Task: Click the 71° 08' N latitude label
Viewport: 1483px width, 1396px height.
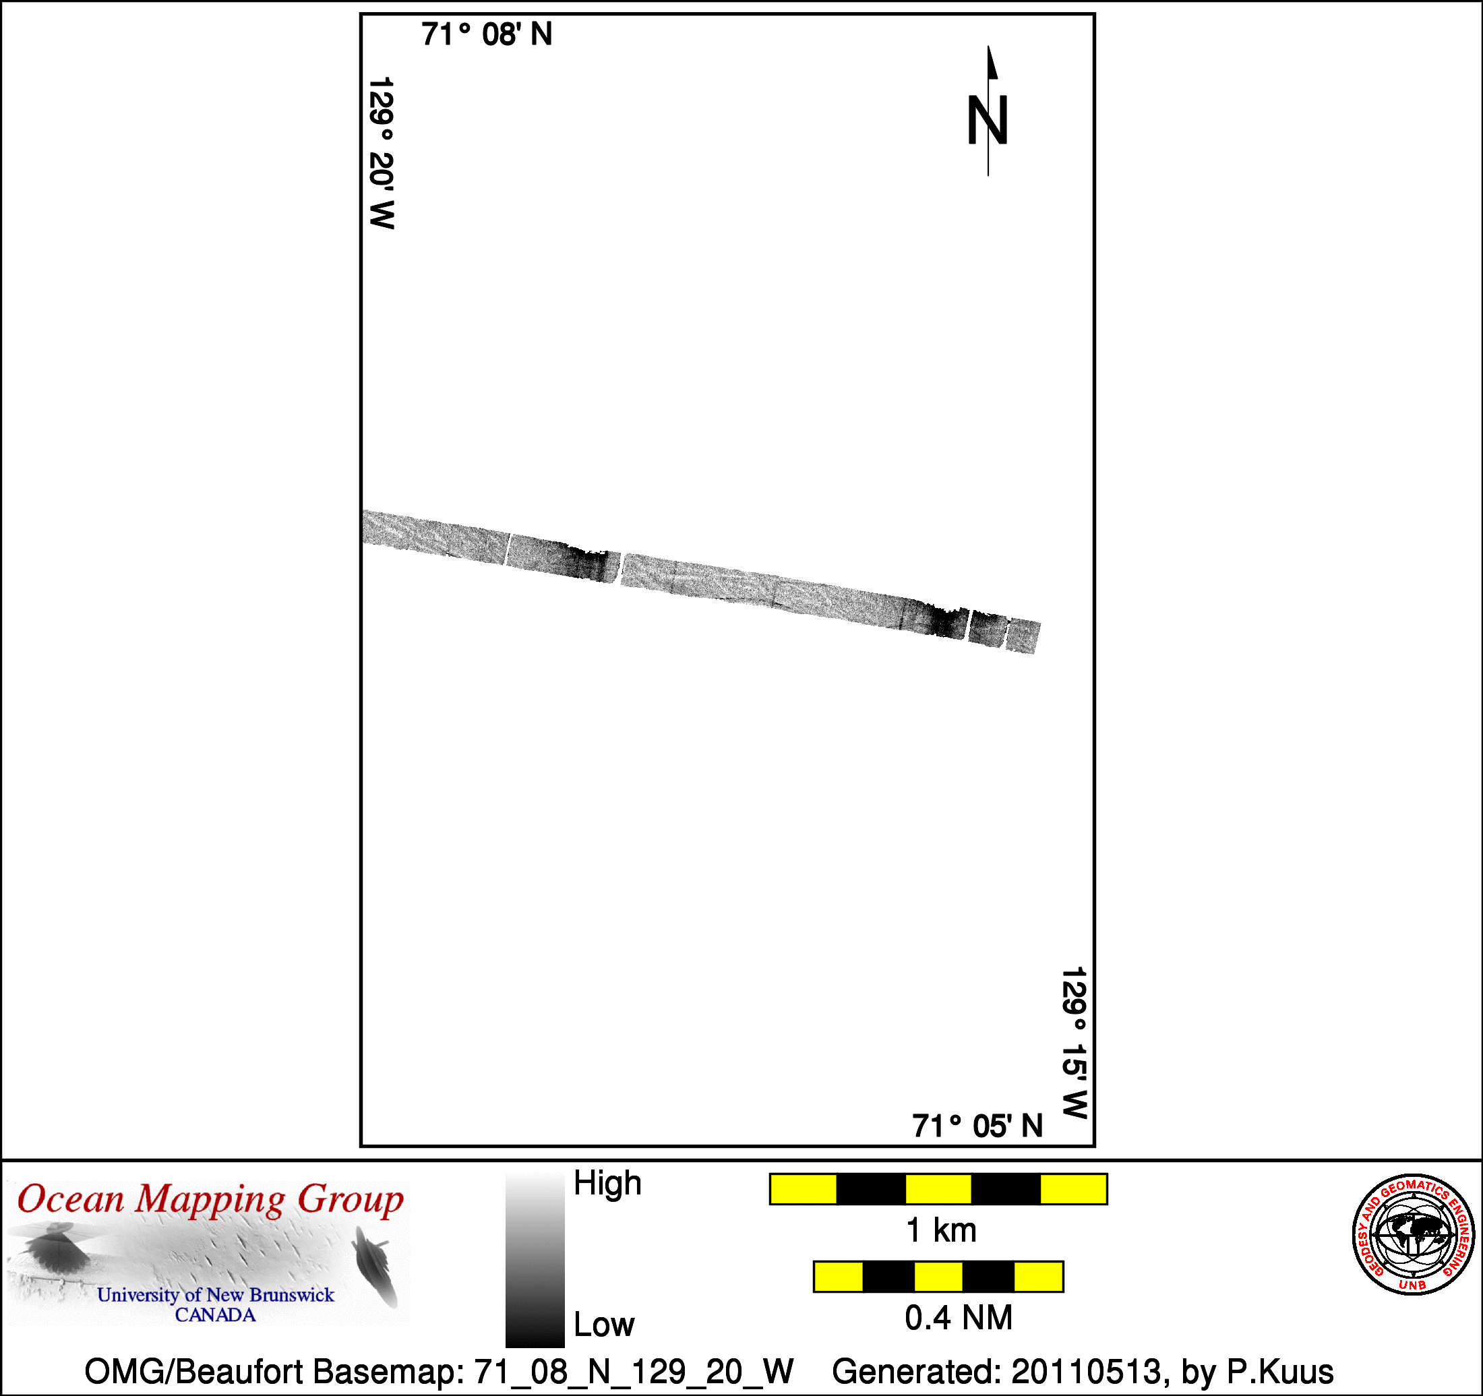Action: pos(487,34)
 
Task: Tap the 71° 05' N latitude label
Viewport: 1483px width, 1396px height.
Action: pos(977,1126)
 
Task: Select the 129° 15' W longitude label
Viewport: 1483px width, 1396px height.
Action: pos(1075,1042)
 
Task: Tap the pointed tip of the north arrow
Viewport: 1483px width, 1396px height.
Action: pos(988,47)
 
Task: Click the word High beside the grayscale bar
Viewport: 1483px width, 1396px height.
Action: pos(607,1184)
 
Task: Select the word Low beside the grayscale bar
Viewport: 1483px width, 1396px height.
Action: pos(603,1325)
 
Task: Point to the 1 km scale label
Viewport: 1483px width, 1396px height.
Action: pos(940,1230)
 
